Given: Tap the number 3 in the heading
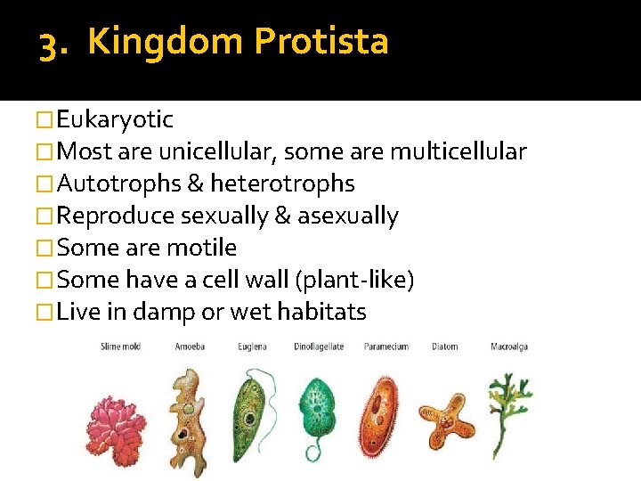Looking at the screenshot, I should point(49,43).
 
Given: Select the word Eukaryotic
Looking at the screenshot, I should point(115,119).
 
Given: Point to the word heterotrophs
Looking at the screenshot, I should point(282,183).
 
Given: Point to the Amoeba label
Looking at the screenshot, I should point(190,346).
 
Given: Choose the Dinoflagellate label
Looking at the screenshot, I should point(319,346).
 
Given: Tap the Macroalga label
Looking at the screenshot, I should point(509,346).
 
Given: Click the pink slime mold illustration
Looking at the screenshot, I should point(117,420).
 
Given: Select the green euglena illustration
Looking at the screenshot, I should point(250,412).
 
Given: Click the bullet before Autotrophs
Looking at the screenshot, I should point(45,184).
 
